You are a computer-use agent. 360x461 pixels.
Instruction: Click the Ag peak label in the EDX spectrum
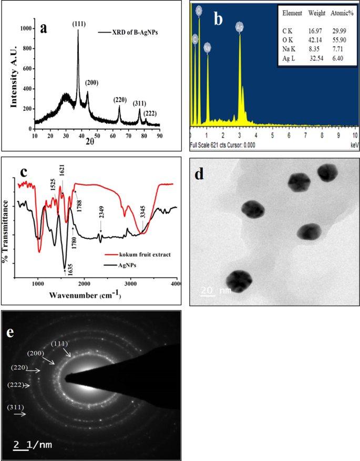pyautogui.click(x=240, y=26)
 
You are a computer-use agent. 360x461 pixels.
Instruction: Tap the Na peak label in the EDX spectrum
pyautogui.click(x=207, y=47)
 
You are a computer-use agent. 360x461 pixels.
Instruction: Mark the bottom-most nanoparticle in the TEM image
pyautogui.click(x=239, y=280)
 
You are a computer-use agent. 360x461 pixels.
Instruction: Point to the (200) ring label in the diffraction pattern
pyautogui.click(x=38, y=353)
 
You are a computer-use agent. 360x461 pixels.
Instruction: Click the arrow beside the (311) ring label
pyautogui.click(x=20, y=414)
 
